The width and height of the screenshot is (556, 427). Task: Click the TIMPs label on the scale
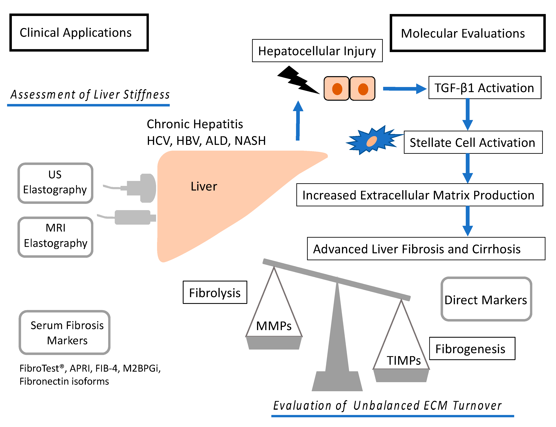(404, 360)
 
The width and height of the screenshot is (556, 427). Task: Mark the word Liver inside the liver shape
(204, 186)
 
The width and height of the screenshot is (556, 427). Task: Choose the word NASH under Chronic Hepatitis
(250, 141)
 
